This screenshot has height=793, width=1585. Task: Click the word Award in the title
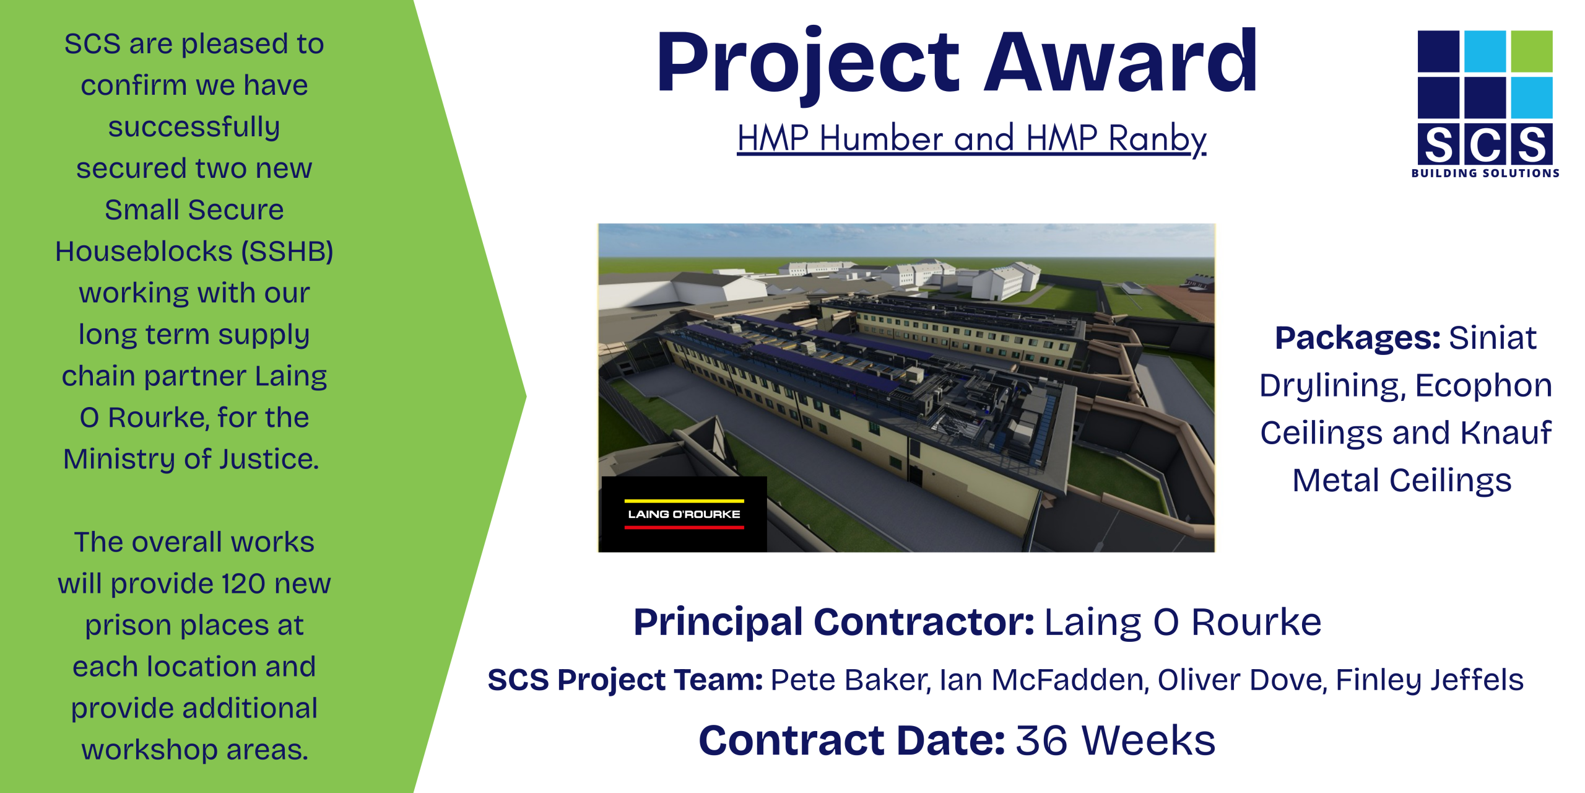1121,62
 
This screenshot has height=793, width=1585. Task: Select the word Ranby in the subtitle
1157,139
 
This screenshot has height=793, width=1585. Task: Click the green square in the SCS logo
1532,51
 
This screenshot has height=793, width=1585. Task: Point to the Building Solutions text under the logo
1485,173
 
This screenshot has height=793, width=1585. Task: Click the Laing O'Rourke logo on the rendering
684,514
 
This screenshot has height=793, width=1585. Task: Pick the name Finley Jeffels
1430,680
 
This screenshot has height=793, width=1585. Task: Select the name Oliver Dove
1241,680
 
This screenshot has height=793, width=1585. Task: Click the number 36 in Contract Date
1042,741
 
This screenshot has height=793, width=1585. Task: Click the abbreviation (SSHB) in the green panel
287,252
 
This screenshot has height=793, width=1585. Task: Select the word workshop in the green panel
149,750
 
